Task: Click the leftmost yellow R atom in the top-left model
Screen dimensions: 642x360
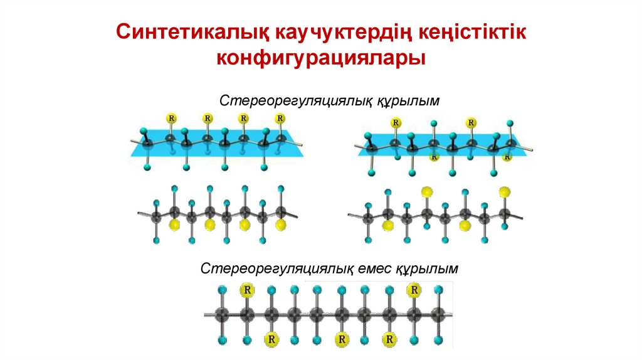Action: [171, 118]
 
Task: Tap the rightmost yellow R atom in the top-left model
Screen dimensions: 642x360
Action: [280, 118]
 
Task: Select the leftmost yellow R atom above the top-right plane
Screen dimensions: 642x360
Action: [396, 123]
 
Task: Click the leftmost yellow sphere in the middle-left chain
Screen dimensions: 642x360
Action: [174, 223]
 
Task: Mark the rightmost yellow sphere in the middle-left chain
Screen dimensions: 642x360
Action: [281, 223]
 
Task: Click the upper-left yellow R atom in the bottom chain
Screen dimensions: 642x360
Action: [248, 290]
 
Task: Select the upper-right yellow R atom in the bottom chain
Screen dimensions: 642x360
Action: [414, 290]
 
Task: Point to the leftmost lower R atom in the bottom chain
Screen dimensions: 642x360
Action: [271, 339]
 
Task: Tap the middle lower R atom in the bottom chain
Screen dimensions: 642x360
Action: [342, 339]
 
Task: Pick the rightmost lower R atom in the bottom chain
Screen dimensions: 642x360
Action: [390, 339]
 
